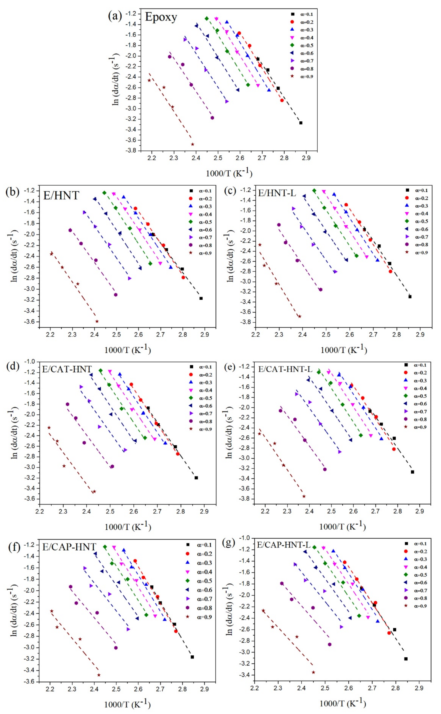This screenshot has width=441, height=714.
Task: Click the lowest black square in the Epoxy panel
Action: pyautogui.click(x=301, y=123)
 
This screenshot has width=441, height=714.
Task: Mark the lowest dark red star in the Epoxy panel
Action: pyautogui.click(x=193, y=144)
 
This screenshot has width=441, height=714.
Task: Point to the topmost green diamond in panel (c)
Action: pyautogui.click(x=314, y=191)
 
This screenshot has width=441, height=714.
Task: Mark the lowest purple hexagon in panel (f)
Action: pyautogui.click(x=116, y=648)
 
